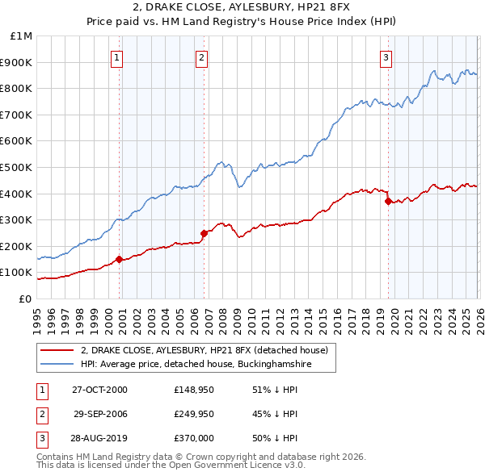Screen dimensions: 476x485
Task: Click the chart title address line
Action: tap(242, 9)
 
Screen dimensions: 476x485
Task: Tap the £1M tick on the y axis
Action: tap(22, 36)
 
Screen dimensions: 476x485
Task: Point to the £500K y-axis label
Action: tap(17, 167)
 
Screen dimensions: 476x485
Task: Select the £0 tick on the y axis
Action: tap(25, 299)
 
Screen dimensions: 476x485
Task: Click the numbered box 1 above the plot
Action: tap(118, 57)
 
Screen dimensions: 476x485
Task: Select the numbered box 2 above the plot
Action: tap(201, 57)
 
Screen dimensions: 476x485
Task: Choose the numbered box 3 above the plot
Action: tap(386, 57)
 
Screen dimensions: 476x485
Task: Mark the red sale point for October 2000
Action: tap(120, 259)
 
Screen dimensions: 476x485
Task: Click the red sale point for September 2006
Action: tap(204, 232)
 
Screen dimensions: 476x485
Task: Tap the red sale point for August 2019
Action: tap(388, 201)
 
